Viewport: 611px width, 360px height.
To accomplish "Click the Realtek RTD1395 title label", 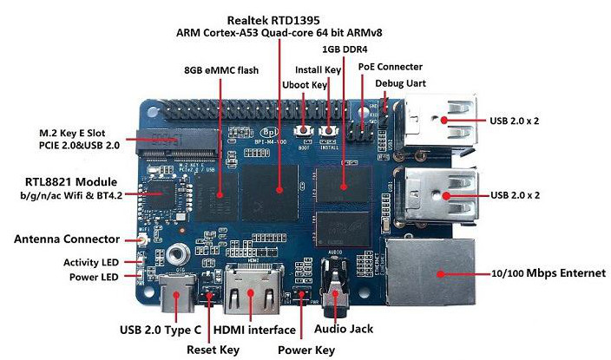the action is (273, 20).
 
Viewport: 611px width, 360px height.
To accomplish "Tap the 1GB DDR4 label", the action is (345, 49).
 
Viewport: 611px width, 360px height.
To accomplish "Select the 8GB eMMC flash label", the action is (221, 70).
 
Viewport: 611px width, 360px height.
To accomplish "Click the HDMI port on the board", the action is (253, 288).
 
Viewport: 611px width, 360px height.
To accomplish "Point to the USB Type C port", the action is (177, 292).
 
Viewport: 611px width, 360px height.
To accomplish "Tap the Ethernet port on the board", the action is (430, 272).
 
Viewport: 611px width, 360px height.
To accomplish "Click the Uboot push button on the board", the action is (304, 131).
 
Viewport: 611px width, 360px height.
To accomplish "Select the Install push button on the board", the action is (328, 131).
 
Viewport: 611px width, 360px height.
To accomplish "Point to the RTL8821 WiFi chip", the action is (162, 194).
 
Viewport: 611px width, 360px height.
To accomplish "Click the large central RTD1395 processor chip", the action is (269, 193).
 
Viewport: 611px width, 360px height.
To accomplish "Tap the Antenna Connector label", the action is (67, 239).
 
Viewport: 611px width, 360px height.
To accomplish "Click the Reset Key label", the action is (213, 350).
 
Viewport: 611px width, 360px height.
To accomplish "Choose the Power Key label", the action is (305, 350).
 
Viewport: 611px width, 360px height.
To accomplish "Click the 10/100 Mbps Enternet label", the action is (549, 273).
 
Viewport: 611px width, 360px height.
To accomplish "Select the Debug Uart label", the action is (400, 83).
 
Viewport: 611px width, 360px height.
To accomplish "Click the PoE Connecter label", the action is (390, 67).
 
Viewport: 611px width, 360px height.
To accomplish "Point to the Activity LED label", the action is (91, 262).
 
